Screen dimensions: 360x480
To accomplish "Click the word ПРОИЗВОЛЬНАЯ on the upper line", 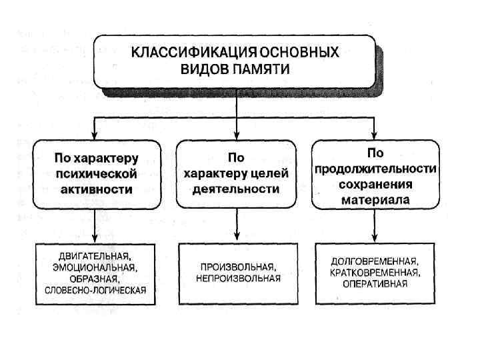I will click(239, 267).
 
